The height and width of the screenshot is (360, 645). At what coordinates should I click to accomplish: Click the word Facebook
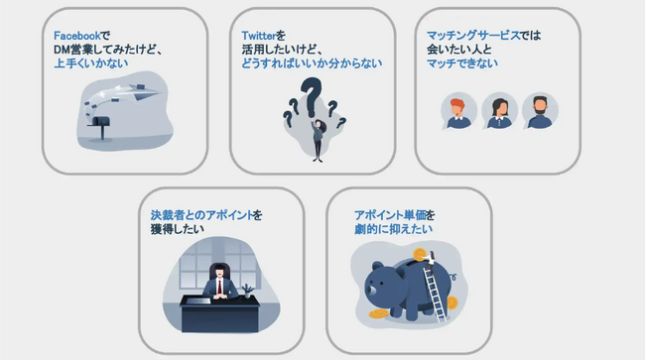click(77, 36)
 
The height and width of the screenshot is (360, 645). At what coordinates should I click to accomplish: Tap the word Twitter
click(258, 36)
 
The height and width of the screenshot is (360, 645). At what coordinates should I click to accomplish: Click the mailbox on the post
click(101, 121)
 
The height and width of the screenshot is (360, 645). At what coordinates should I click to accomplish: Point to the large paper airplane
click(143, 92)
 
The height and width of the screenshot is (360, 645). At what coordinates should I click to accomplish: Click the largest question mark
click(311, 97)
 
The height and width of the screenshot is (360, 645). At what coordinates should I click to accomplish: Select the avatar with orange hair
click(458, 111)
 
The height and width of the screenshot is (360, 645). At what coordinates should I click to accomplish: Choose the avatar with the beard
click(540, 111)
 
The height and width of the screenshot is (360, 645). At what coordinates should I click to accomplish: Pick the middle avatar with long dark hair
click(499, 111)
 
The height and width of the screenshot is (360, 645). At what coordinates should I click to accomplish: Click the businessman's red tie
click(219, 287)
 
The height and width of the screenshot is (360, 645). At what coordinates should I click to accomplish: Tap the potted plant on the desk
click(247, 291)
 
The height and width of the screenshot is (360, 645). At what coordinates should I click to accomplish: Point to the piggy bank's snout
click(371, 291)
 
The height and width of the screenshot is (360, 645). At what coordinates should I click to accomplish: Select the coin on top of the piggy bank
click(421, 255)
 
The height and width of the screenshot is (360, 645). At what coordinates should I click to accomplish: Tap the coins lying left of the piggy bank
click(378, 314)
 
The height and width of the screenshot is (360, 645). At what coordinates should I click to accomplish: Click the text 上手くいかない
click(91, 63)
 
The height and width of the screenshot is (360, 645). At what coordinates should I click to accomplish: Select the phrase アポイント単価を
click(395, 215)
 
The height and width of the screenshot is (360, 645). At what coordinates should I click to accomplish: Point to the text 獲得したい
click(178, 229)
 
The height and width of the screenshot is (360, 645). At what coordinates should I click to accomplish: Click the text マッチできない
click(462, 63)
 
